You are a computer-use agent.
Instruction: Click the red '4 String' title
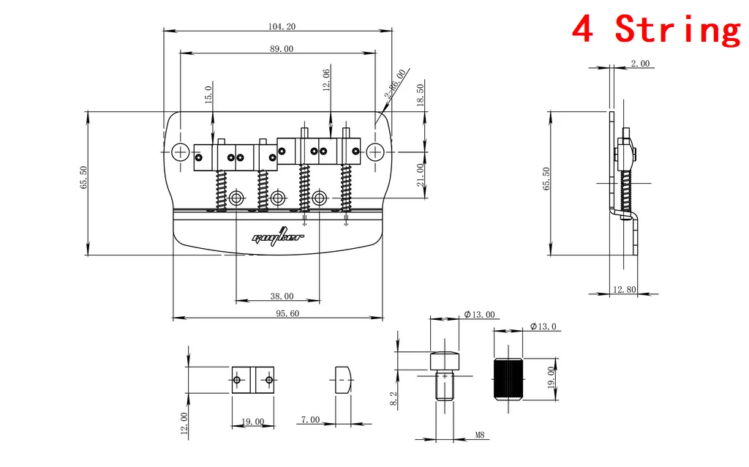[x=655, y=29]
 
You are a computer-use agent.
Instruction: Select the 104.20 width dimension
[x=282, y=26]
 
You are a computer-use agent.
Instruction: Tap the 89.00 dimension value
[x=282, y=49]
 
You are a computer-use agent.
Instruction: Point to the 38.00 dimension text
[x=282, y=296]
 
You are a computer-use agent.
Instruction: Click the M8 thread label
[x=480, y=435]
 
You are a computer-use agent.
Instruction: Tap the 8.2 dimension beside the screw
[x=414, y=398]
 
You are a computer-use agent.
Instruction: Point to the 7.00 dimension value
[x=309, y=419]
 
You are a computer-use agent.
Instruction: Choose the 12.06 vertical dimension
[x=326, y=79]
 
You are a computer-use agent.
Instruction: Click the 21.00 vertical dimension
[x=421, y=176]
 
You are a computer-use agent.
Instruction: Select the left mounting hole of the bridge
[x=181, y=152]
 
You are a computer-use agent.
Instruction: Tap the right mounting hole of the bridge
[x=375, y=152]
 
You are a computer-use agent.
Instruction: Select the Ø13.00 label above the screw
[x=479, y=315]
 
